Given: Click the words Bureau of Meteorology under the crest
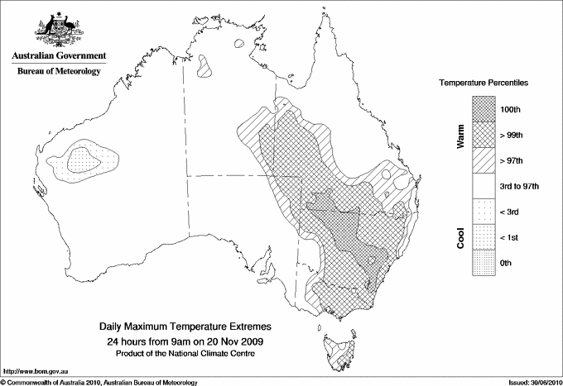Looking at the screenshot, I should [x=59, y=72].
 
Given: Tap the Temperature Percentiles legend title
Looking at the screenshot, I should [x=484, y=84].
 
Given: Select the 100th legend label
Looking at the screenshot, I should [x=510, y=108].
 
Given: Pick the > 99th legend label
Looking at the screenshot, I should [x=512, y=134].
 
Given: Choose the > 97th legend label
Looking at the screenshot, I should [x=512, y=160].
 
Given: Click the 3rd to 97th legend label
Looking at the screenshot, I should [x=520, y=186].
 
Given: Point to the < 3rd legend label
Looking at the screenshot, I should [x=510, y=212].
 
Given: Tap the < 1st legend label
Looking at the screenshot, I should [x=510, y=237].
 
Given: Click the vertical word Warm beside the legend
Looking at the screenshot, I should [x=461, y=135].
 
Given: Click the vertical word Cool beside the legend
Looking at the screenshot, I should [x=461, y=238].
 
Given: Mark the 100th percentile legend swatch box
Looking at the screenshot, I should [x=484, y=108].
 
